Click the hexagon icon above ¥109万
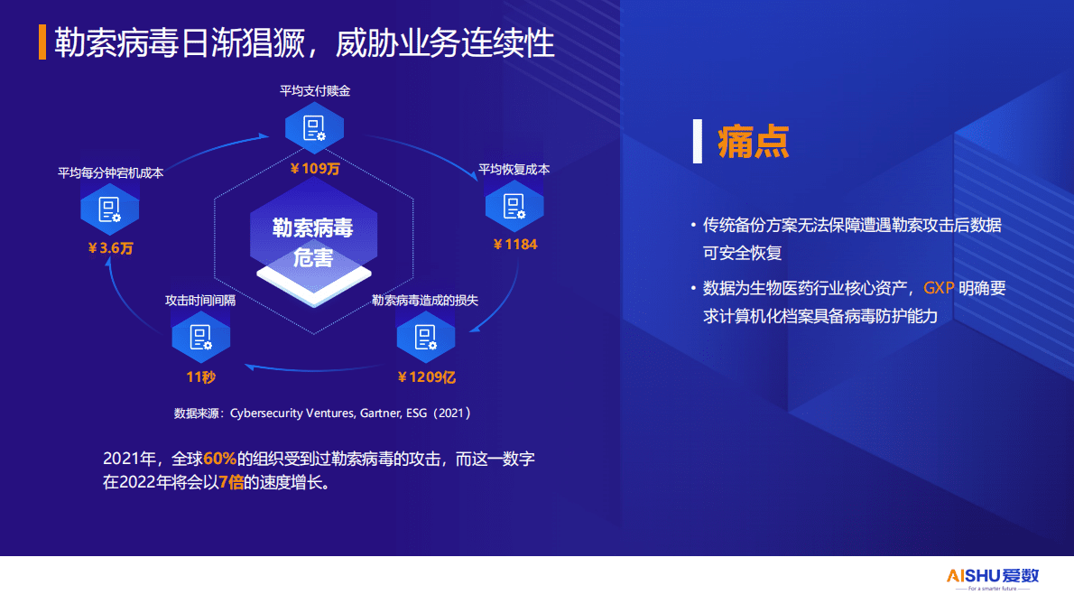(314, 128)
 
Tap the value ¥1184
(514, 245)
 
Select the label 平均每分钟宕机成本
(110, 173)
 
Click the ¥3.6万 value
(110, 248)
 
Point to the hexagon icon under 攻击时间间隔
(200, 338)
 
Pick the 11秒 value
(200, 376)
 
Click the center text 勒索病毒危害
(313, 243)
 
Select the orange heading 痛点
(754, 142)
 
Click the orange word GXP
(938, 289)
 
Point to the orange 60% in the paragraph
(219, 459)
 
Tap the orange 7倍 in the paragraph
(232, 481)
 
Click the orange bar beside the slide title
(42, 42)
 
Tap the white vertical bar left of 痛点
(697, 141)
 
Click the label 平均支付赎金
(314, 91)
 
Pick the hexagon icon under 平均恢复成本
(514, 206)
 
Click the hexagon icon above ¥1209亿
(426, 338)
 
